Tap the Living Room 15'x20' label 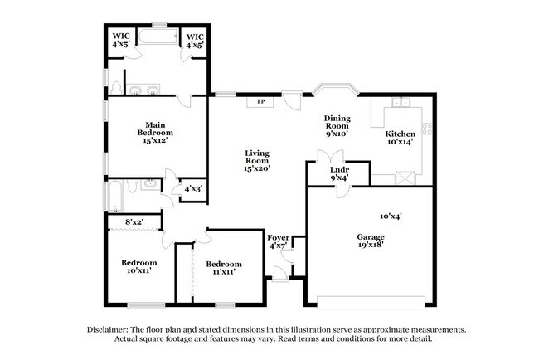(x=257, y=160)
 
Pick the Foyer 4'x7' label (x=279, y=241)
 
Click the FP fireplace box (x=260, y=102)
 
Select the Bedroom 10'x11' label (x=133, y=267)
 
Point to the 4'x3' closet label (x=192, y=188)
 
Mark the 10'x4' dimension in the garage (x=391, y=216)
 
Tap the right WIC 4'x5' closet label (x=195, y=41)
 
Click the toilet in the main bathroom (x=116, y=88)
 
